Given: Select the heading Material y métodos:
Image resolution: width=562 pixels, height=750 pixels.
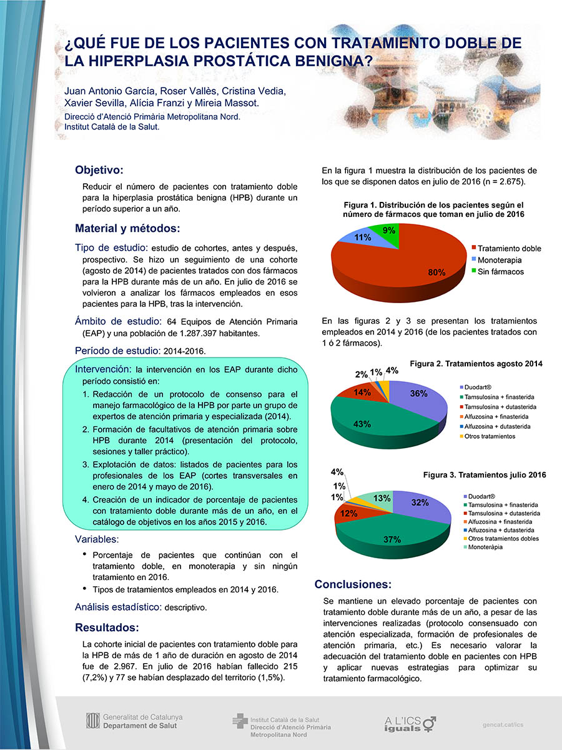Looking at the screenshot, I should click(127, 227).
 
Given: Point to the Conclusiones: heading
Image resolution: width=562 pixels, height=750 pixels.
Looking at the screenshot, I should click(353, 584).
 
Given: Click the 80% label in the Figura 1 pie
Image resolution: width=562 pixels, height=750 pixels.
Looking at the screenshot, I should click(436, 272).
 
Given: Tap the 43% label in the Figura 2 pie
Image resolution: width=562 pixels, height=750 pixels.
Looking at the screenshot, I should click(362, 424).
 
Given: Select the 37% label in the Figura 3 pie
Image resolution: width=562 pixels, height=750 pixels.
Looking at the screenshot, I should click(392, 540).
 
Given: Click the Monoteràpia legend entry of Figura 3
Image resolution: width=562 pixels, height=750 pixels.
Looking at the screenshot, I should click(485, 547).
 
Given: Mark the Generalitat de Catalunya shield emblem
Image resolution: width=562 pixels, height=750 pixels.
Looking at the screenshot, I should click(93, 721).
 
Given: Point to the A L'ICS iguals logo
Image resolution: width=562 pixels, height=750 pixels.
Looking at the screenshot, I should click(409, 724).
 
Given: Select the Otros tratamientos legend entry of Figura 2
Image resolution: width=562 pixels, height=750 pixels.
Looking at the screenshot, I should click(490, 436).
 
